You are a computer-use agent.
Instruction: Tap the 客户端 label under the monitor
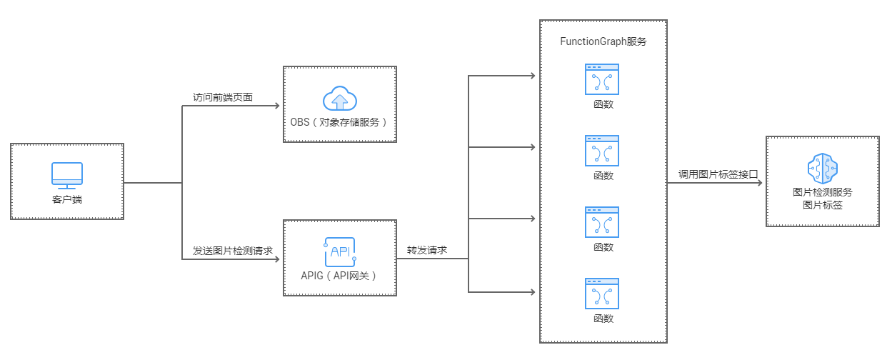point(66,199)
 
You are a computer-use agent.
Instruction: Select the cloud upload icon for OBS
point(339,99)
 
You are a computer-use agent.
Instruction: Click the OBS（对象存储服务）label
point(339,121)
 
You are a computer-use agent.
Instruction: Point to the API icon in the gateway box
point(339,251)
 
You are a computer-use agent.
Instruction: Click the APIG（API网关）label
point(339,275)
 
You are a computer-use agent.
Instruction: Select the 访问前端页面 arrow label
point(223,97)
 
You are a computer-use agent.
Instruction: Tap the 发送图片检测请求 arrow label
point(233,251)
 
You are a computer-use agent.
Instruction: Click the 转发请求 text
point(427,251)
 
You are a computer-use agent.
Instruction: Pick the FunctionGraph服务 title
point(603,41)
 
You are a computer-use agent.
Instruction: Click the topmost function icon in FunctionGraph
point(602,79)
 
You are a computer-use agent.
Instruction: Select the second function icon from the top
point(602,151)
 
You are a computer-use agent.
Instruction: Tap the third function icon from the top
point(602,222)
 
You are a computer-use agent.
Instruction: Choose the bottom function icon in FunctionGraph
point(602,294)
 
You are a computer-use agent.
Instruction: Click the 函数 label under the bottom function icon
point(603,319)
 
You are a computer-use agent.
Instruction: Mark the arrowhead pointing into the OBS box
point(278,106)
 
